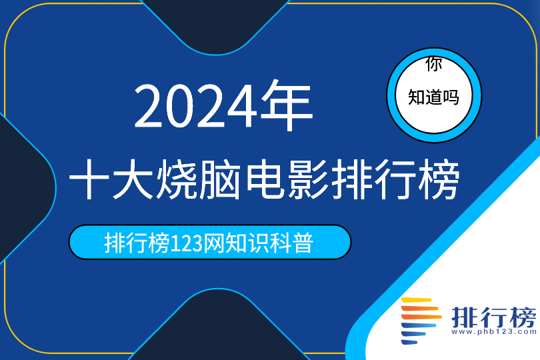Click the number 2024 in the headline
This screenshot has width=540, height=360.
(195, 106)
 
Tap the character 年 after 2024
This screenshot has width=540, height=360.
(287, 105)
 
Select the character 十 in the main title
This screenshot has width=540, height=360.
(89, 179)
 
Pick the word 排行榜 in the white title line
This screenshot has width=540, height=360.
(396, 179)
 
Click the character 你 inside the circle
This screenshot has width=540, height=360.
(433, 64)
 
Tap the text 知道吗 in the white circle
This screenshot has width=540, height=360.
(433, 97)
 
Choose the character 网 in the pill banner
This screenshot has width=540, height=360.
(214, 243)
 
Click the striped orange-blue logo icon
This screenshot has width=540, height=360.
(421, 321)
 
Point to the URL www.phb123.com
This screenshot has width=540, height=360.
(494, 332)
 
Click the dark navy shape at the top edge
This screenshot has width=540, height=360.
(215, 24)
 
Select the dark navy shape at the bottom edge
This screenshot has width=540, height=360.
(217, 327)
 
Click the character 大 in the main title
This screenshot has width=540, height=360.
(133, 179)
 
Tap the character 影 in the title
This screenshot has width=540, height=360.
(309, 179)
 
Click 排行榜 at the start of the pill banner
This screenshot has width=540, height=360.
(137, 243)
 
